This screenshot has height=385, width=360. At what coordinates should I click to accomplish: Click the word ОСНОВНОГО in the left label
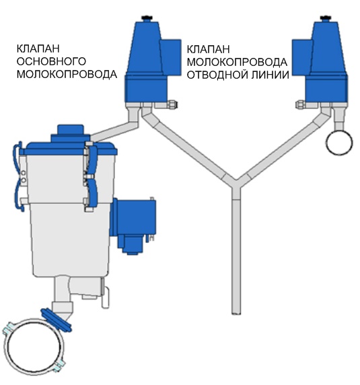click(x=51, y=61)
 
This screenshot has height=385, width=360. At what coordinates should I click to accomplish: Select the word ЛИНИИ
click(x=268, y=75)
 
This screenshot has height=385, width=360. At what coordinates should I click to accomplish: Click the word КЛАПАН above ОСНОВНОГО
click(x=38, y=48)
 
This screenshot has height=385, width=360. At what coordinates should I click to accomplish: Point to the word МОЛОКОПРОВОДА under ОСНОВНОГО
click(x=67, y=74)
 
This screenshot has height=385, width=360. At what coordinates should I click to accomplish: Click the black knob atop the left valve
click(x=147, y=18)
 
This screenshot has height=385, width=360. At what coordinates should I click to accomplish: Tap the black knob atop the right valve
click(x=326, y=18)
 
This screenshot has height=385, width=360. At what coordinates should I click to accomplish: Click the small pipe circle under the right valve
click(x=339, y=143)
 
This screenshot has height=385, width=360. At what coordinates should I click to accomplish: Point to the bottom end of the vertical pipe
click(x=236, y=313)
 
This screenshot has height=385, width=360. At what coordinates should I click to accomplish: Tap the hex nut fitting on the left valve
click(x=172, y=104)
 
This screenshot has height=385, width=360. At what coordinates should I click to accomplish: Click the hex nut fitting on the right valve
click(x=301, y=104)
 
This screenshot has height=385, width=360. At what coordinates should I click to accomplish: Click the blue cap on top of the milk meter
click(x=71, y=133)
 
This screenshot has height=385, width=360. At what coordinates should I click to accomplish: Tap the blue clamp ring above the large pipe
click(x=57, y=320)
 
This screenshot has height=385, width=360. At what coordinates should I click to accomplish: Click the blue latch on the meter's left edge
click(x=17, y=176)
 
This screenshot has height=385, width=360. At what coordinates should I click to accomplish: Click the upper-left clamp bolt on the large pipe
click(x=8, y=328)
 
